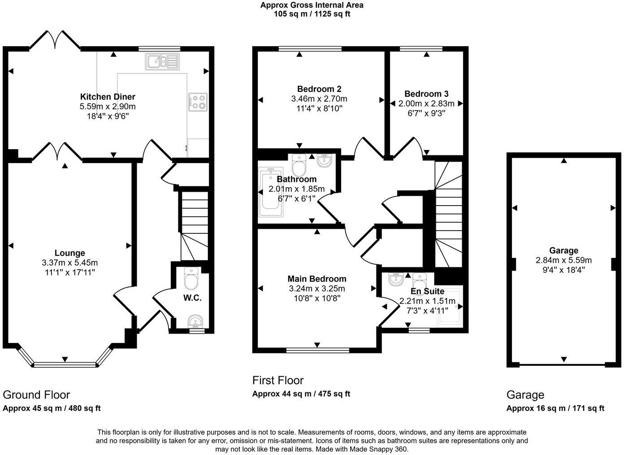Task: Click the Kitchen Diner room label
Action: click(108, 97)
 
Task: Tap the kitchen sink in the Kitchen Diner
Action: click(162, 61)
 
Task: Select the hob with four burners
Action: click(198, 102)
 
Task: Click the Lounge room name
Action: click(69, 253)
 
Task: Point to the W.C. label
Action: click(192, 298)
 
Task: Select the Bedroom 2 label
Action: click(319, 89)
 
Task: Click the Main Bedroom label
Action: click(317, 279)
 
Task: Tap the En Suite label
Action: click(427, 292)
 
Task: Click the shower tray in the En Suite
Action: click(449, 309)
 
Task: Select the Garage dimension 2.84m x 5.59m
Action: click(563, 260)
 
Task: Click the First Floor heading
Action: click(278, 380)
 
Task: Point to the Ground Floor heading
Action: click(36, 395)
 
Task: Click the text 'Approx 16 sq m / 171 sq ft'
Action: click(555, 408)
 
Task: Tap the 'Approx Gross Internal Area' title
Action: click(312, 5)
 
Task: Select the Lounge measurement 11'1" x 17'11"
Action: click(69, 272)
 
